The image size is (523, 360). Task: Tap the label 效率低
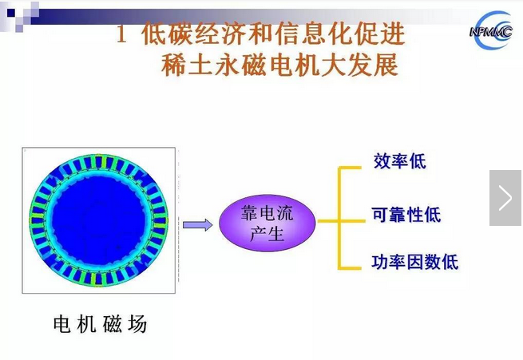(x=399, y=161)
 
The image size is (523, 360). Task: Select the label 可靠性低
(x=406, y=215)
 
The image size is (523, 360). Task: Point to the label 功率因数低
(x=415, y=262)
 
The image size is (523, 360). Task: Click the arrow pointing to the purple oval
(x=197, y=224)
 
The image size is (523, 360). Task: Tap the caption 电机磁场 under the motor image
(x=100, y=325)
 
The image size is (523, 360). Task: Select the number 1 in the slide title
(x=122, y=35)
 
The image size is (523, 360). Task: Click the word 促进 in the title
(x=383, y=35)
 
